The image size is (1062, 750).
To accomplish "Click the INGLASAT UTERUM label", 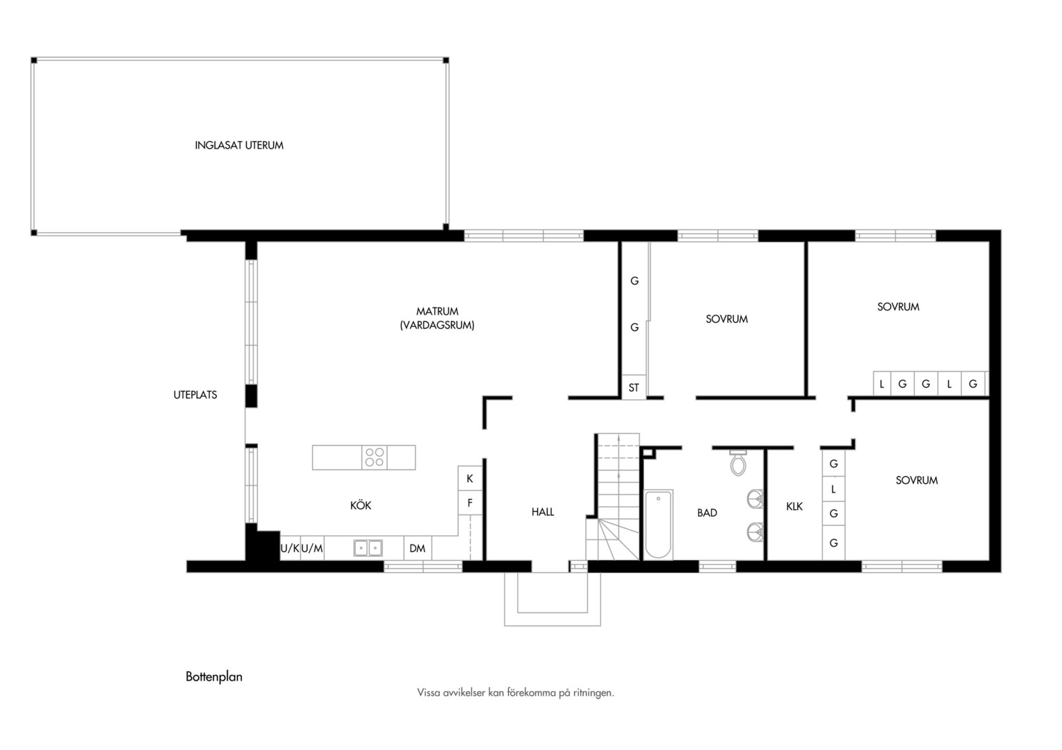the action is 239,145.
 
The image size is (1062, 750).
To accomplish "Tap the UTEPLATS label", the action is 195,394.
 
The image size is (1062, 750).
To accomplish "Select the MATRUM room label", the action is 437,311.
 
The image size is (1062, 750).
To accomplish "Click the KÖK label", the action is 360,505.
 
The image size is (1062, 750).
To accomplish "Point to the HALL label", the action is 542,512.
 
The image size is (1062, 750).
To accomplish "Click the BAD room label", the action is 707,512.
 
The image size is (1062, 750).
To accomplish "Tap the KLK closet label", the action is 794,506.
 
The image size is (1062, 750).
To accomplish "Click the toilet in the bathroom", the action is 738,462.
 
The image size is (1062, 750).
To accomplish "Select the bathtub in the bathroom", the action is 658,524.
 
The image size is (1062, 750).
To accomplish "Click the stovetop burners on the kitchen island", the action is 375,457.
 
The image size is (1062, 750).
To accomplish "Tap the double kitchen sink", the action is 368,548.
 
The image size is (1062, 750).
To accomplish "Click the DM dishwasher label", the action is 417,548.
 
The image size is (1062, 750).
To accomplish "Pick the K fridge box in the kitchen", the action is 470,478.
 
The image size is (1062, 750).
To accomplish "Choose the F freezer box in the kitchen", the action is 470,503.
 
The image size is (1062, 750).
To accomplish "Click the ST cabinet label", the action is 633,387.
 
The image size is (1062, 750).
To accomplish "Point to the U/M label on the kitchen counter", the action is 312,548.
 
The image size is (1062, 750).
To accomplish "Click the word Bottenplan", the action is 214,676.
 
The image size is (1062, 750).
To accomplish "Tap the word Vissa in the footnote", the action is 427,692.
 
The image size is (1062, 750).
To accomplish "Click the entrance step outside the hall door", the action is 553,599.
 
